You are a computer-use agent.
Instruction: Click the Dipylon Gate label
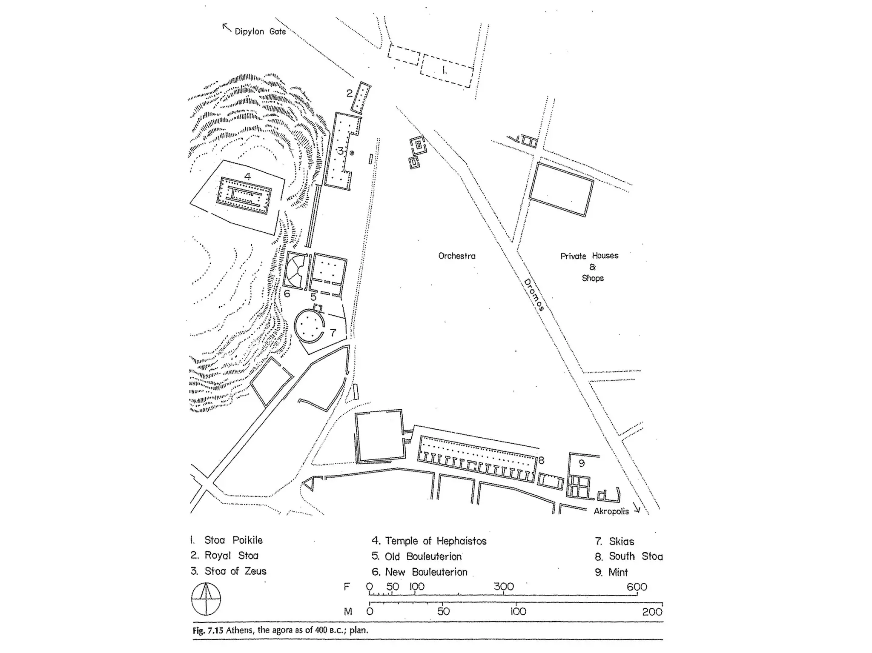[x=260, y=31]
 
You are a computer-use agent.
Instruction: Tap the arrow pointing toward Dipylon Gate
[x=227, y=28]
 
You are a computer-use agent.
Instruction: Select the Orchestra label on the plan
[x=457, y=256]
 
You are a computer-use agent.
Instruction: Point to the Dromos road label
[x=534, y=295]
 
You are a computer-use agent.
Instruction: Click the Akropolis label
[x=611, y=511]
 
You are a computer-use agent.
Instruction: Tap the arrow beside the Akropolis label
[x=637, y=508]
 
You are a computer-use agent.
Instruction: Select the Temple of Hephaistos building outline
[x=244, y=196]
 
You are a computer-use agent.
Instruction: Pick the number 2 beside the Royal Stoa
[x=350, y=93]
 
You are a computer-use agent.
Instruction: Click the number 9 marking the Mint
[x=582, y=463]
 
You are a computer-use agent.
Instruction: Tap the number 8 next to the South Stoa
[x=541, y=460]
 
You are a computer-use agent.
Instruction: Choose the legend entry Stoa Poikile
[x=233, y=540]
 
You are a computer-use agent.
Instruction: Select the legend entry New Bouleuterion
[x=426, y=572]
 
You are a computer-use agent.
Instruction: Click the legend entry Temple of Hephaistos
[x=435, y=541]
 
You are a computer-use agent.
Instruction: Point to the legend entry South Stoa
[x=635, y=556]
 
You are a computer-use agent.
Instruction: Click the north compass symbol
[x=206, y=599]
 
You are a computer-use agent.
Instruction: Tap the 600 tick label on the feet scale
[x=637, y=587]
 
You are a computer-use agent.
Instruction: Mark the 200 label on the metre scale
[x=652, y=612]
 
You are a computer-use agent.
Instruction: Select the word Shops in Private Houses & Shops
[x=593, y=278]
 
